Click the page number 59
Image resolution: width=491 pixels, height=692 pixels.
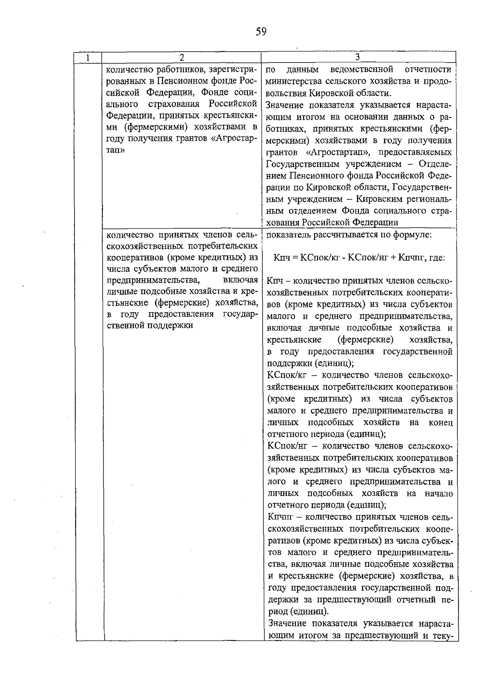tap(261, 32)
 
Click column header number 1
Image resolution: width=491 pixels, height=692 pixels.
tap(88, 58)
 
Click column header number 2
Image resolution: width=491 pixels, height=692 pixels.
tap(182, 58)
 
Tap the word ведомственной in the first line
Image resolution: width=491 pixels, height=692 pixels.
tap(361, 69)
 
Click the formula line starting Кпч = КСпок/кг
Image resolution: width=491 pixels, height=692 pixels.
tap(359, 258)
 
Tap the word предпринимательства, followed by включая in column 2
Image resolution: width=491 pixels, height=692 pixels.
tap(153, 281)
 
